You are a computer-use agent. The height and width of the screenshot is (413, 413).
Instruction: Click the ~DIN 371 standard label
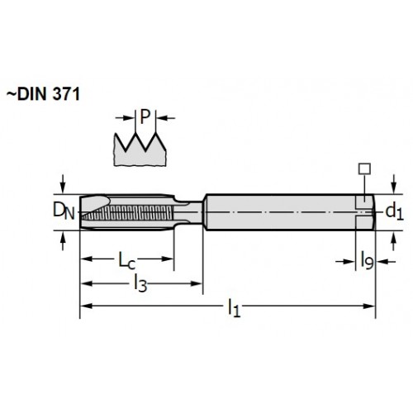pos(43,94)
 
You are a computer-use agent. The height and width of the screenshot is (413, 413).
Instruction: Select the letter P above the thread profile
pos(145,116)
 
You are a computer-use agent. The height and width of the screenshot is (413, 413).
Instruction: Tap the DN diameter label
pos(64,211)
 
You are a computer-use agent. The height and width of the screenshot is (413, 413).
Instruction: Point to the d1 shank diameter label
pos(394,211)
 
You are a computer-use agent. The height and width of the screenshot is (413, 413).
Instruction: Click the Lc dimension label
pos(126,260)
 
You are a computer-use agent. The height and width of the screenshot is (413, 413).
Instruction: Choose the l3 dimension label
pos(140,282)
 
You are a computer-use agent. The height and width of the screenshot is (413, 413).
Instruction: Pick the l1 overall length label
pos(234,308)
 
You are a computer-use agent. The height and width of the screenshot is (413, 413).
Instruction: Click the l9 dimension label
pos(367,260)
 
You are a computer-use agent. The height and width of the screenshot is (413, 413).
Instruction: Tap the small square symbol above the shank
pos(364,169)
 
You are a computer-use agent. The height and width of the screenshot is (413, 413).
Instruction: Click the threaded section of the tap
pos(127,212)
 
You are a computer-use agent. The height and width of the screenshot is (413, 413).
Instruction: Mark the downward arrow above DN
pos(64,184)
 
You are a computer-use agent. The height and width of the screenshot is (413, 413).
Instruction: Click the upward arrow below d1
pos(394,240)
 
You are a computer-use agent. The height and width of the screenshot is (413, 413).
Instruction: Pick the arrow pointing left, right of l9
pos(386,262)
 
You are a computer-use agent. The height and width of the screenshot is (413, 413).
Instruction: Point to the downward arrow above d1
pos(394,184)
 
